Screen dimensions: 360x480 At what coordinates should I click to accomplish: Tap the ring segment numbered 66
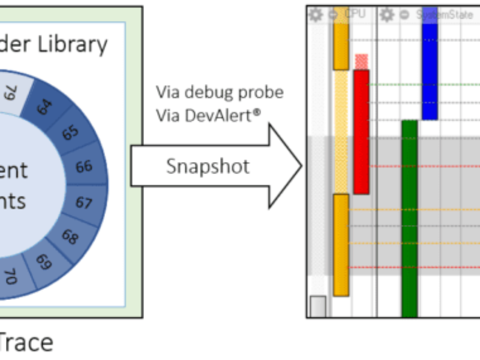point(83,166)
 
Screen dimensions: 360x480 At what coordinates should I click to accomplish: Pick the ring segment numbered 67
point(83,202)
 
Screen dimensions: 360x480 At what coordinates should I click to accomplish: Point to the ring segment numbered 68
point(70,236)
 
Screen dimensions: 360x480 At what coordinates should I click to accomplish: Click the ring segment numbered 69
point(44,262)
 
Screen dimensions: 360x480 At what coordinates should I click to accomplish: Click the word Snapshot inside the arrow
point(208,166)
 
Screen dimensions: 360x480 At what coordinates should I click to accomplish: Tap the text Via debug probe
point(220,92)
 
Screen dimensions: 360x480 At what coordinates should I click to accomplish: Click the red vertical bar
point(361,132)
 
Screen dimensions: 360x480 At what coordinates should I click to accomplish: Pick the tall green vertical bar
point(409,219)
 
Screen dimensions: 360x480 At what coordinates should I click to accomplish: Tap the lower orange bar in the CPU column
point(341,244)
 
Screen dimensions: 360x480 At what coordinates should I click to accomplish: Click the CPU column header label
point(356,14)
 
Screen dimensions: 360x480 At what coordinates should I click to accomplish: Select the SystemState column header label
point(445,14)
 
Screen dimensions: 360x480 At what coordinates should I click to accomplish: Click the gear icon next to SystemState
point(388,14)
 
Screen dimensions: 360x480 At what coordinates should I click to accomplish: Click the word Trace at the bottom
point(26,342)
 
